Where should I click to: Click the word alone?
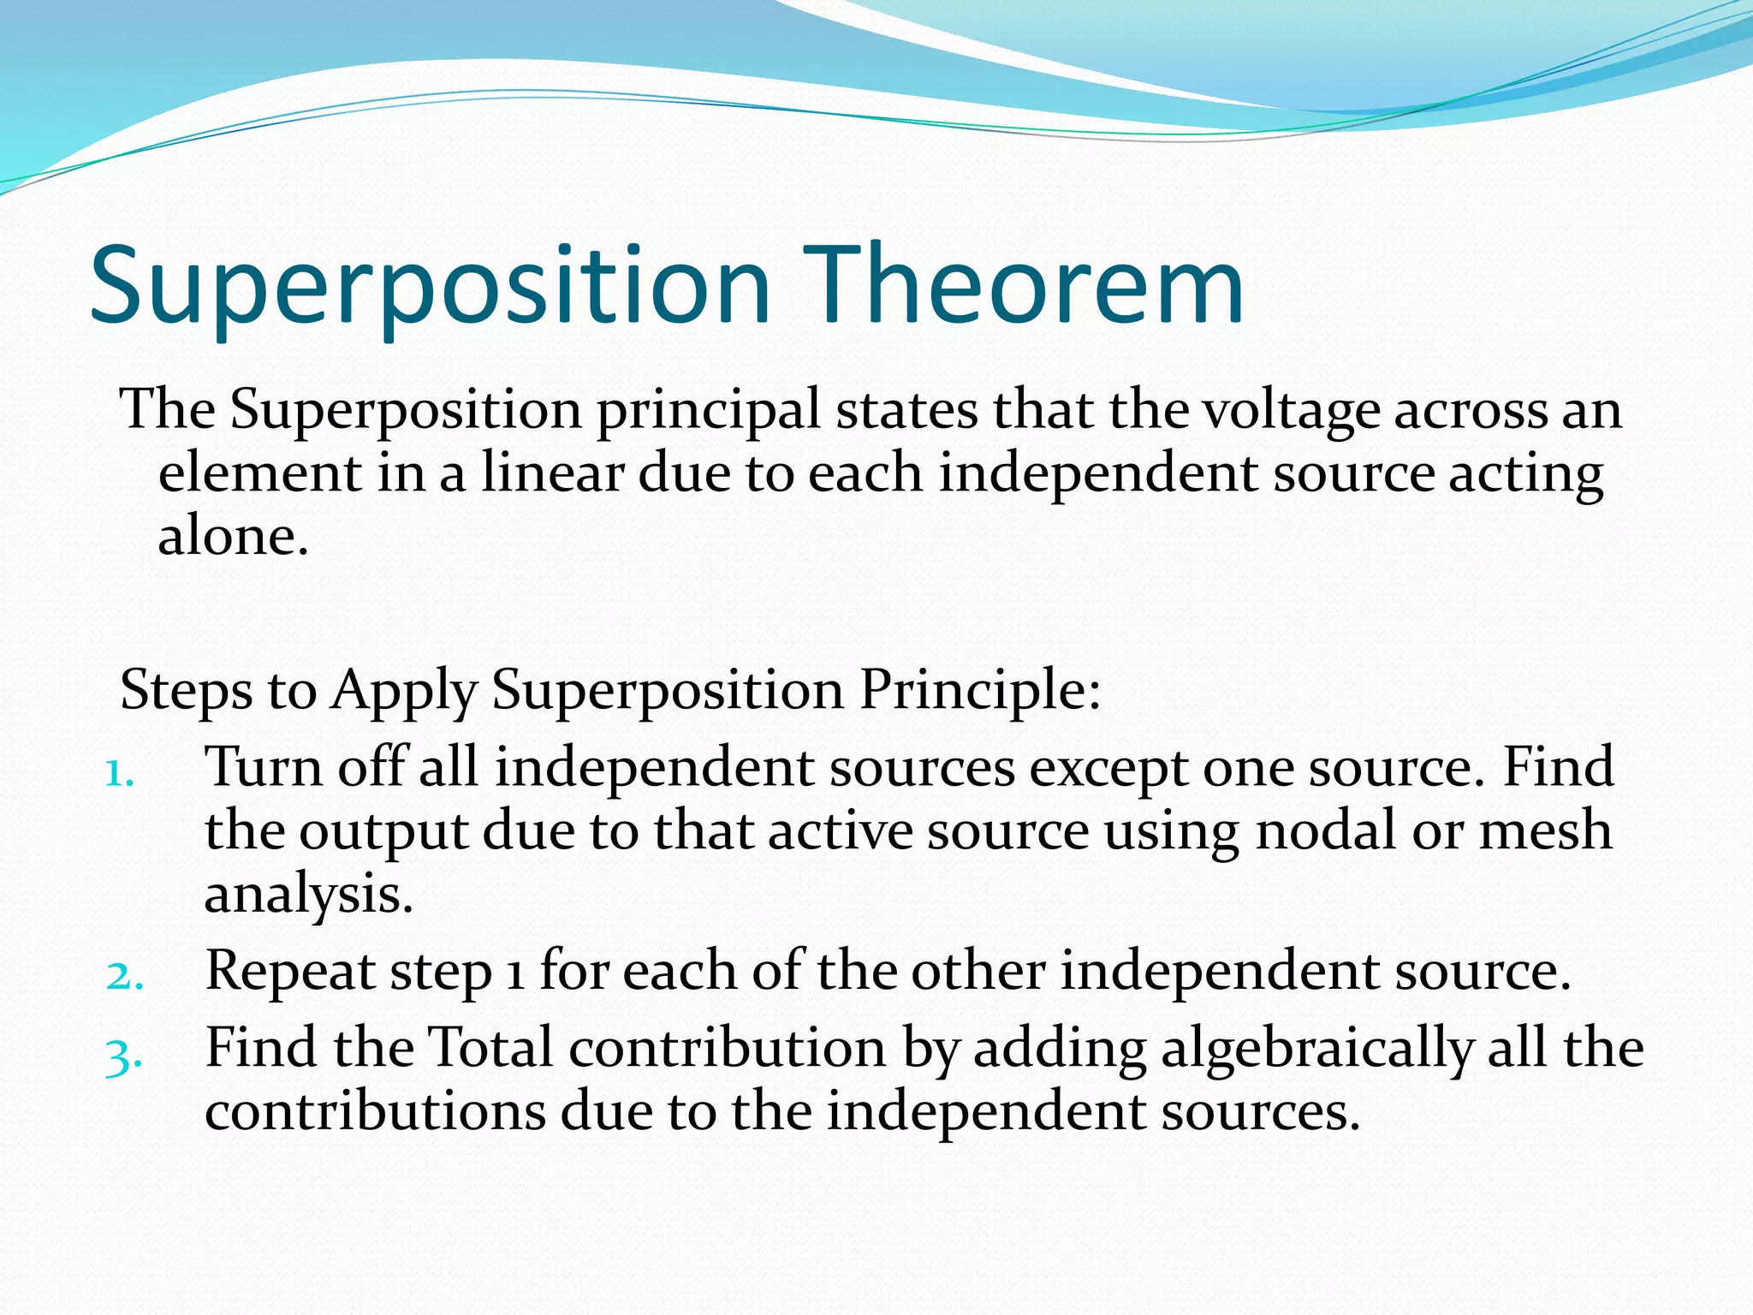pyautogui.click(x=232, y=538)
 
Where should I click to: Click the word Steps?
pyautogui.click(x=186, y=690)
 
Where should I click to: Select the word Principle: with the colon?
pyautogui.click(x=979, y=690)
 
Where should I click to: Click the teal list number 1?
pyautogui.click(x=119, y=775)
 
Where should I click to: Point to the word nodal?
pyautogui.click(x=1326, y=830)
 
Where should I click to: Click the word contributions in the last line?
pyautogui.click(x=375, y=1113)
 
